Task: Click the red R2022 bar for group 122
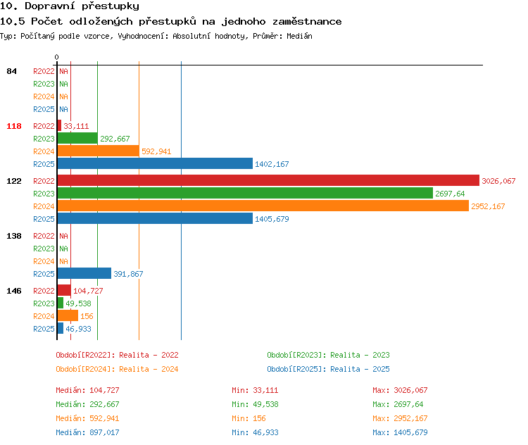[x=268, y=180]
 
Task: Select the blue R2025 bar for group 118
[x=155, y=164]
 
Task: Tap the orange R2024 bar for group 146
[x=68, y=315]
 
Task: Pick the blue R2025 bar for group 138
[x=84, y=273]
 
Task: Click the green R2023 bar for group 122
[x=245, y=193]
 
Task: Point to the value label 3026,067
[x=498, y=181]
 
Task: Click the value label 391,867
[x=128, y=274]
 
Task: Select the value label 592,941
[x=156, y=151]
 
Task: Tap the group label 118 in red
[x=14, y=126]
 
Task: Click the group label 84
[x=11, y=71]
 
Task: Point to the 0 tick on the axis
[x=56, y=57]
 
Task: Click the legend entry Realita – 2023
[x=328, y=355]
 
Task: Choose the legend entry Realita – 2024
[x=117, y=369]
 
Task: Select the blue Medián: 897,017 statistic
[x=87, y=432]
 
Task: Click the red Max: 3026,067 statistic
[x=400, y=390]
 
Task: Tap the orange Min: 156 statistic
[x=249, y=418]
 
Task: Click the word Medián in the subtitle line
[x=299, y=36]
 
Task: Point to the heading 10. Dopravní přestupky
[x=70, y=6]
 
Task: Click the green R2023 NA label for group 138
[x=63, y=249]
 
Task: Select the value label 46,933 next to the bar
[x=78, y=329]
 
